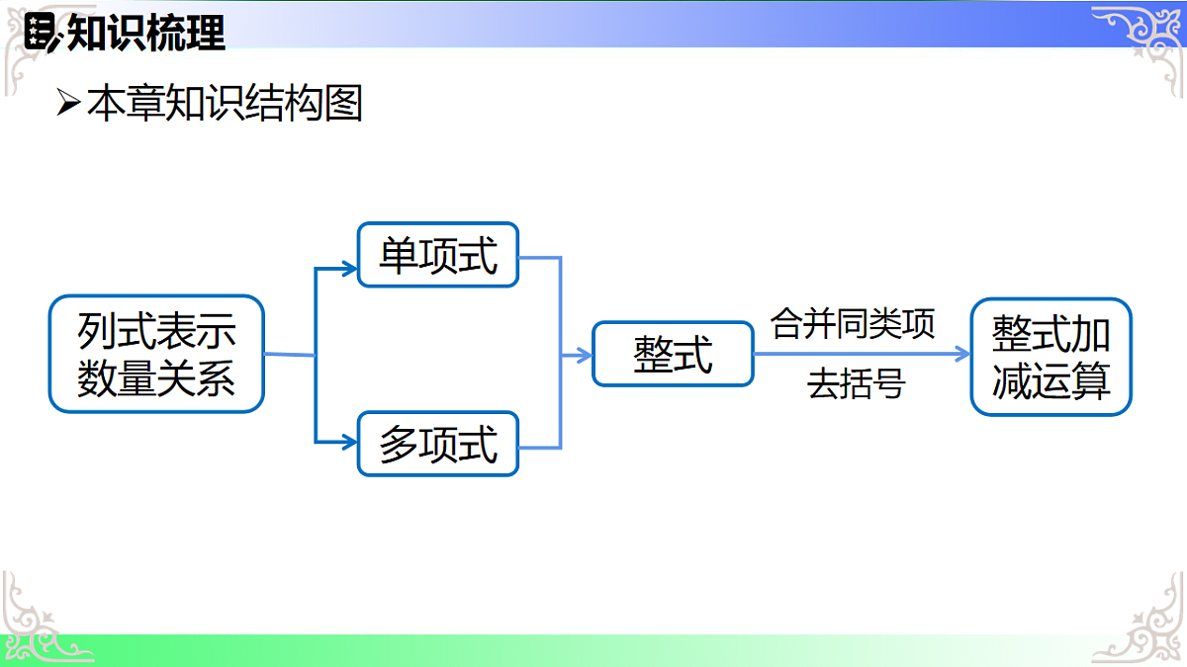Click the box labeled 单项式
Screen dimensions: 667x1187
[x=437, y=255]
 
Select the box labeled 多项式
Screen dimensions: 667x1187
[x=437, y=444]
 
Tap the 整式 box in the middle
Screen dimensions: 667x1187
[x=673, y=354]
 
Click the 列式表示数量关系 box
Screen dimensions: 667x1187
[x=156, y=354]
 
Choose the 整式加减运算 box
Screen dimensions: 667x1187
[x=1050, y=357]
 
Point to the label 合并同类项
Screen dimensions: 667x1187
[x=853, y=323]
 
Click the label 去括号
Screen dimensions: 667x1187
[x=856, y=383]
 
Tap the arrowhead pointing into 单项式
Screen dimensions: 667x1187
[x=348, y=267]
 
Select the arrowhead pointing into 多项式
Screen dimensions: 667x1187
[x=348, y=442]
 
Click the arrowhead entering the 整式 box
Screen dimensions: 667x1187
[x=584, y=354]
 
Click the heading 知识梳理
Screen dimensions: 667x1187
[x=146, y=34]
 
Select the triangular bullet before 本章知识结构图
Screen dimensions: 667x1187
[x=67, y=102]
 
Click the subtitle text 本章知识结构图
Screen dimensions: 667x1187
[x=225, y=103]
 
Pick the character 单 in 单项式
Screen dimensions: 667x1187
[x=399, y=255]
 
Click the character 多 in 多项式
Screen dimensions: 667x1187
[x=399, y=445]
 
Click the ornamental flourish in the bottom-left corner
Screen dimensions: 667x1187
[x=40, y=623]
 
